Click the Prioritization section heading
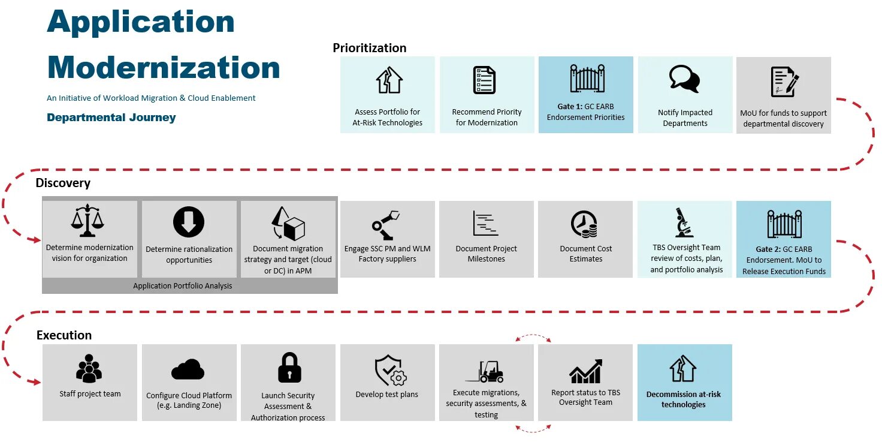pyautogui.click(x=369, y=48)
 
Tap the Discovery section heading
pyautogui.click(x=63, y=183)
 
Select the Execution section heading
pyautogui.click(x=64, y=335)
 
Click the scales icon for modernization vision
pyautogui.click(x=87, y=221)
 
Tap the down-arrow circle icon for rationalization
pyautogui.click(x=189, y=222)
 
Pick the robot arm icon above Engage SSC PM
pyautogui.click(x=386, y=224)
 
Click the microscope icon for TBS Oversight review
pyautogui.click(x=684, y=222)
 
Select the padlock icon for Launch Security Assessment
pyautogui.click(x=289, y=368)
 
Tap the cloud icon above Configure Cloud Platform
pyautogui.click(x=188, y=369)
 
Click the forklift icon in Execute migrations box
pyautogui.click(x=486, y=371)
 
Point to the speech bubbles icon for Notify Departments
pyautogui.click(x=684, y=79)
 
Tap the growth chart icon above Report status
pyautogui.click(x=585, y=372)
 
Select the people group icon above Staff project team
pyautogui.click(x=89, y=369)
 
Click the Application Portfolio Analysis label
pyautogui.click(x=183, y=286)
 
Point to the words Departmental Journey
pyautogui.click(x=111, y=118)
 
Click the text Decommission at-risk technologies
pyautogui.click(x=684, y=399)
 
